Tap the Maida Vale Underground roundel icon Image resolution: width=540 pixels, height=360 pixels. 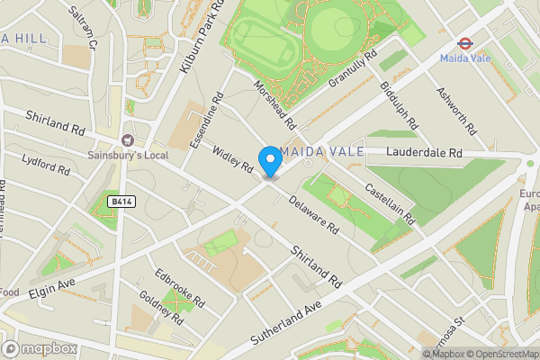coord(465,42)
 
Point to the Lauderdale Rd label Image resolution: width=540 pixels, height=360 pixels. coord(423,153)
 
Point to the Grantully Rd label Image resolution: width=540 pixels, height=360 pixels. coord(352,69)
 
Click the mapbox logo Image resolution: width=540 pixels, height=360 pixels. coord(40,349)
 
